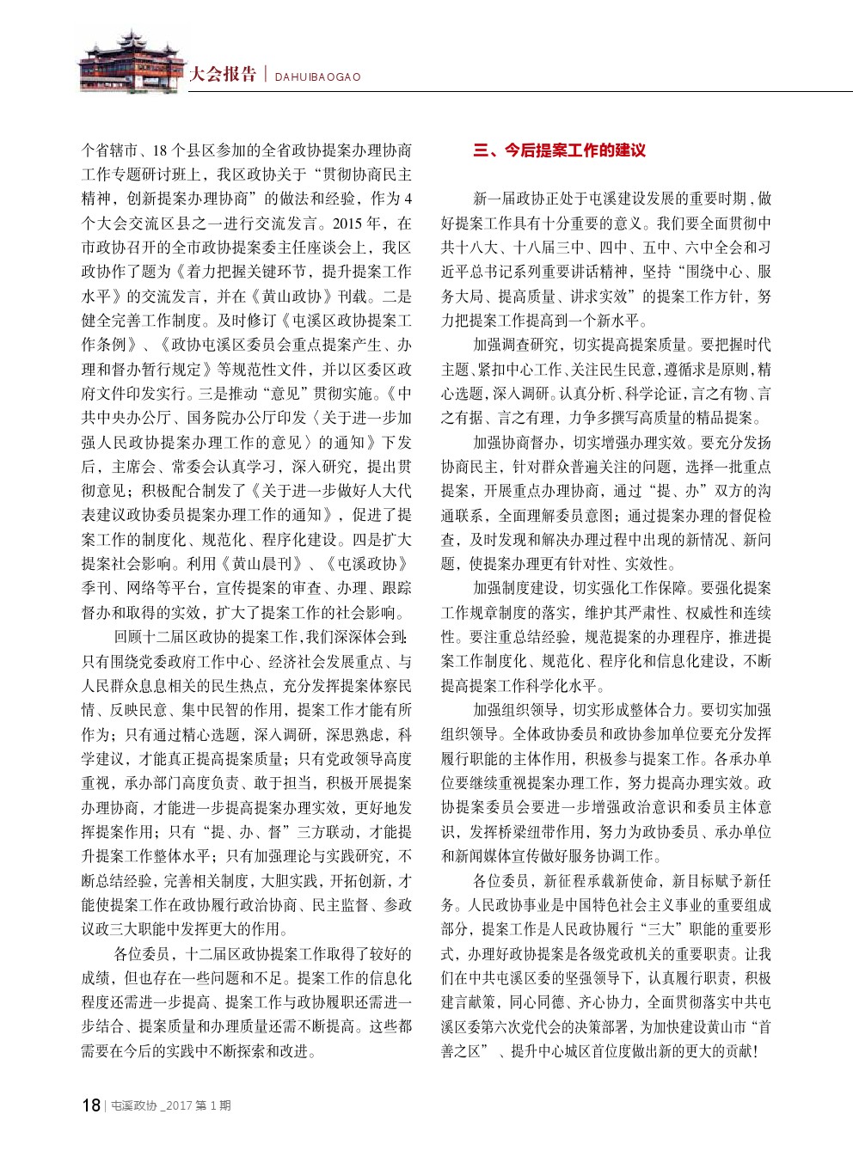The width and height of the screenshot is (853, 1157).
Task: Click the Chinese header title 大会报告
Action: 223,75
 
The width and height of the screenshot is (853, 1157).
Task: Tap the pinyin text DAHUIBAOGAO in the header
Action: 317,77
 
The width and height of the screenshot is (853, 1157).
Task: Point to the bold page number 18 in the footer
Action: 90,1105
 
